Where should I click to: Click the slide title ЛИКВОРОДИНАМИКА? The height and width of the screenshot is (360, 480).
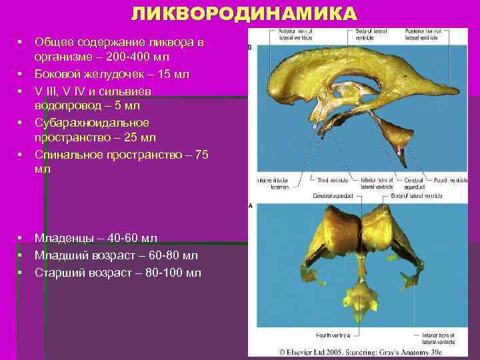tap(243, 14)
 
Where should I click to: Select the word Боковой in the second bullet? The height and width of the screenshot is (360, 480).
tap(59, 74)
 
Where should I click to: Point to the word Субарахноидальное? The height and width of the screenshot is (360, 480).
tap(92, 123)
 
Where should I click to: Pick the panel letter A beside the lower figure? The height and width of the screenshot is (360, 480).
tap(250, 207)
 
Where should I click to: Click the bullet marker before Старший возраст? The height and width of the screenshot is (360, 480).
tap(21, 272)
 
